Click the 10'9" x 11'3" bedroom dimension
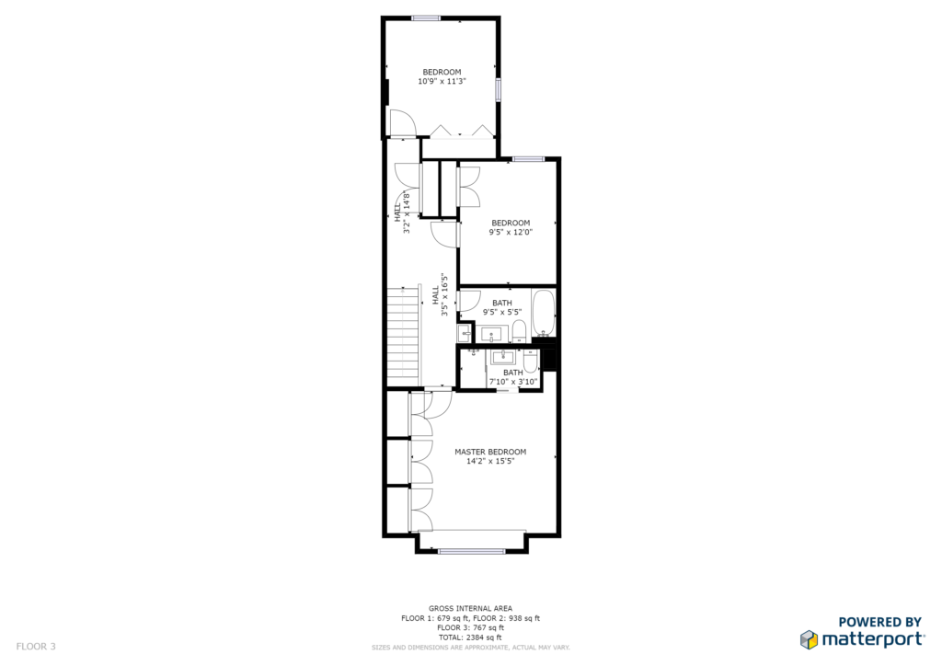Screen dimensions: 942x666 click(x=442, y=81)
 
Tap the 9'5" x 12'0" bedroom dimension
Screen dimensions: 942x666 click(x=511, y=232)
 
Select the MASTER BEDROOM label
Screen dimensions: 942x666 click(x=490, y=452)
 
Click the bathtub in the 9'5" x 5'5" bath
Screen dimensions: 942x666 click(x=544, y=315)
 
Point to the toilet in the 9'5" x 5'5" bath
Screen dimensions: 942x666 click(x=519, y=331)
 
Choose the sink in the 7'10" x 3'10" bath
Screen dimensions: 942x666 click(x=503, y=357)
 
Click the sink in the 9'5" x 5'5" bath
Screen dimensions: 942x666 click(x=495, y=335)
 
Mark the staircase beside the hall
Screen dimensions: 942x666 click(x=403, y=337)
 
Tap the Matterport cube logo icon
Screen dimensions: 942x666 click(x=809, y=639)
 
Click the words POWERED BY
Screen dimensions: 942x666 click(x=880, y=622)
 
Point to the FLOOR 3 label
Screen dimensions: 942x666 click(x=36, y=647)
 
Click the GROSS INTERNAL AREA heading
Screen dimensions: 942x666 click(x=470, y=608)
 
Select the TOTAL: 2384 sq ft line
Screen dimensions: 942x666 click(x=470, y=637)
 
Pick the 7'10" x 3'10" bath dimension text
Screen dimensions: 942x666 click(x=513, y=382)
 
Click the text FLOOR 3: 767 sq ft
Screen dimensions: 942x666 click(x=470, y=627)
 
